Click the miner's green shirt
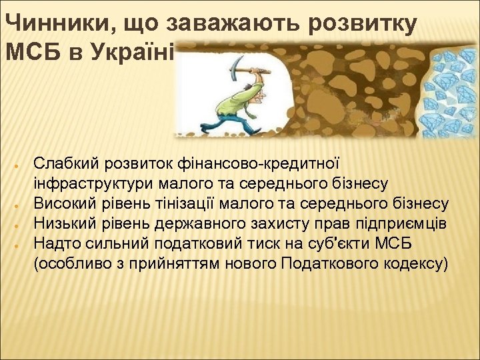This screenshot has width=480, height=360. (x=237, y=101)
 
